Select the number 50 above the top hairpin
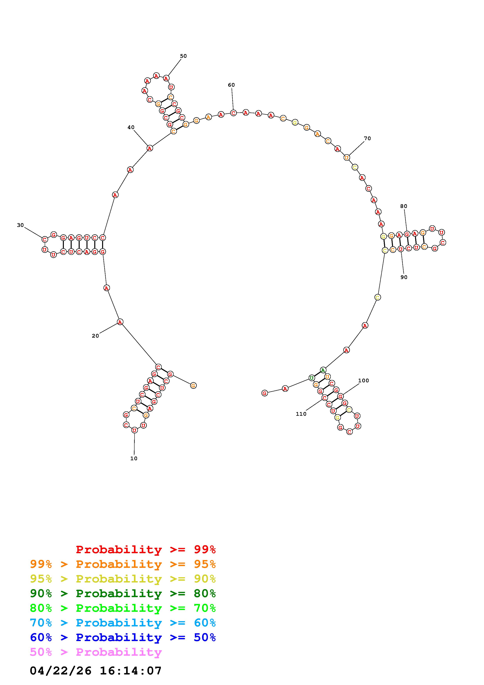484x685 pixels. tap(183, 56)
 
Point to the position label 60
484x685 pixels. tap(231, 85)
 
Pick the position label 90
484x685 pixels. tap(404, 277)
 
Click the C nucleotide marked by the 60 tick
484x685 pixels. tap(233, 113)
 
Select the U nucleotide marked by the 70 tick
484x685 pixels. tap(347, 157)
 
